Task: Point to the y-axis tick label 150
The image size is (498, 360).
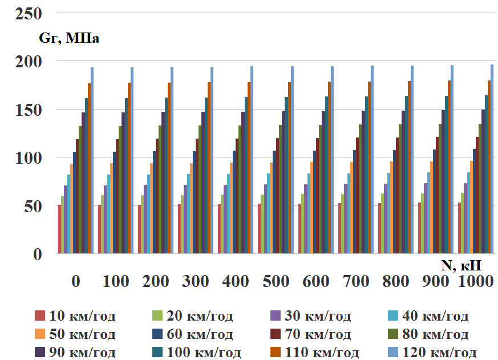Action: tap(29, 109)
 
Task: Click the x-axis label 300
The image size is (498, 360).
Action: tap(196, 281)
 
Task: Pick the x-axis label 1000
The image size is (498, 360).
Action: tap(476, 281)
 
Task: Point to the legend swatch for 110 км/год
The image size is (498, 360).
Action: tap(275, 351)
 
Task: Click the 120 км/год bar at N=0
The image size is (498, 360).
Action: tap(92, 160)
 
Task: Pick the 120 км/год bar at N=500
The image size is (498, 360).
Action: tap(292, 160)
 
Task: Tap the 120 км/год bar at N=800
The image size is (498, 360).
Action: tap(412, 159)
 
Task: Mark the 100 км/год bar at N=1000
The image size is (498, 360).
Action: tap(487, 174)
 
